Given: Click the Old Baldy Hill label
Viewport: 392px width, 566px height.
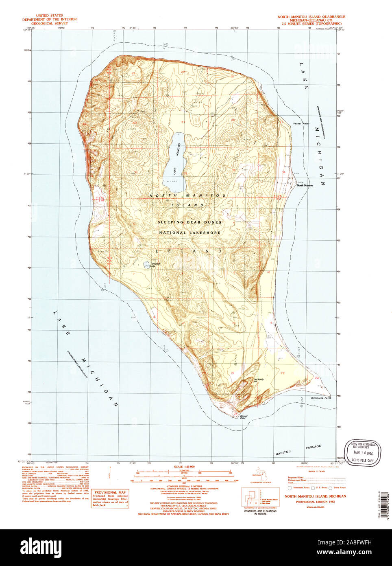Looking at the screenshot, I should coord(259,381).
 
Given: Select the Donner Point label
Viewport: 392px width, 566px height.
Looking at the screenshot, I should coord(243,417).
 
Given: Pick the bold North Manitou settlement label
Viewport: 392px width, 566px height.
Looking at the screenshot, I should coord(305,185).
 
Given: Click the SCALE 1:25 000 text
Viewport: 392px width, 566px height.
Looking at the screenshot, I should coord(184,466).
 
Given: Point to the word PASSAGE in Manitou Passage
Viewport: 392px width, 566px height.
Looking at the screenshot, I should coord(313,447).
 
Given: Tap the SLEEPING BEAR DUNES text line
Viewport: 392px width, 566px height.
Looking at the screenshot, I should coord(190,222).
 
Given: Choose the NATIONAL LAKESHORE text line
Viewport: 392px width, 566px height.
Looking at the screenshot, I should coord(190,233).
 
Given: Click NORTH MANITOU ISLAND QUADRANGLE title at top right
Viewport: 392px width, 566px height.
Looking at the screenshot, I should coord(311,17).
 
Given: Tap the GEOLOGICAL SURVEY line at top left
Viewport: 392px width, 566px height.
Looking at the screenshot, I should coord(45,24).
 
